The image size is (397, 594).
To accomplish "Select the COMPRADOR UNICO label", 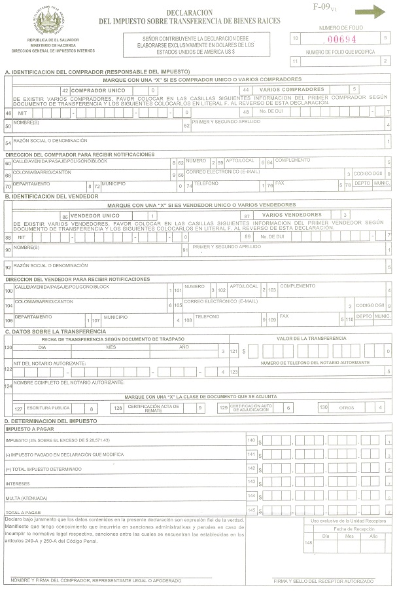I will [x=97, y=90].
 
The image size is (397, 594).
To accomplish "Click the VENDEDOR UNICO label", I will [x=95, y=215].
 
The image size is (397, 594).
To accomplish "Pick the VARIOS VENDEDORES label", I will [x=292, y=215].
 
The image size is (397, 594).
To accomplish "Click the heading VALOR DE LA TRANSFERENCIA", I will [x=311, y=338].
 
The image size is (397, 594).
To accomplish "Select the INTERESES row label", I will [x=18, y=484].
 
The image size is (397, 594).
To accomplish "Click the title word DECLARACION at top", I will [x=189, y=12].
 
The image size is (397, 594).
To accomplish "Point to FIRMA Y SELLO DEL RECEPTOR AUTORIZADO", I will [x=323, y=581].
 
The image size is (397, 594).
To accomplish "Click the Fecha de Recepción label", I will [x=353, y=529].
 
